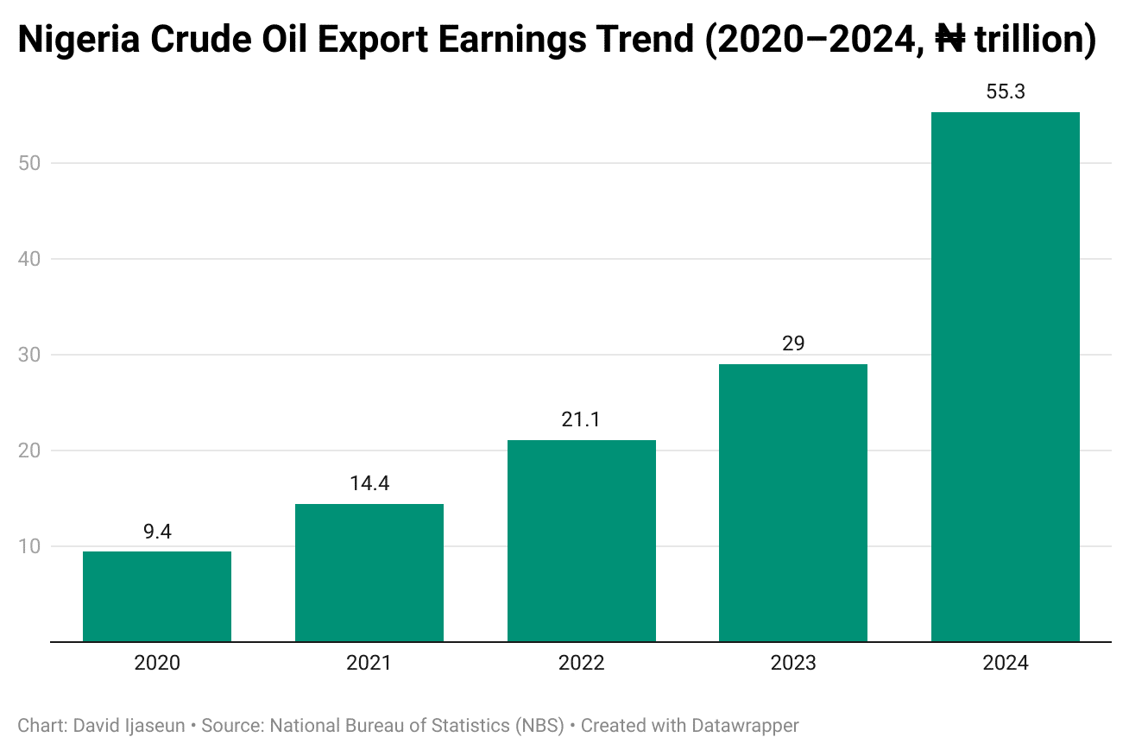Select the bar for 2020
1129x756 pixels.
pos(157,596)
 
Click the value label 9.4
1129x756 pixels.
pos(157,532)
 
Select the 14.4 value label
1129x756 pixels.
pos(369,483)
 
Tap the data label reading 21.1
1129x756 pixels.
pos(582,420)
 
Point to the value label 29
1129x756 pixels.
pos(793,343)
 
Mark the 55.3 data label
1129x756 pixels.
pos(1006,91)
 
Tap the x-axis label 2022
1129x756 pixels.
pos(582,664)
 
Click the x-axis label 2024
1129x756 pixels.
pos(1006,664)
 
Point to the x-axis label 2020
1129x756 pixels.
pos(157,664)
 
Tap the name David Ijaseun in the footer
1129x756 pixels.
pos(129,726)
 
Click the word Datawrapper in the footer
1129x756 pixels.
pos(745,726)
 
